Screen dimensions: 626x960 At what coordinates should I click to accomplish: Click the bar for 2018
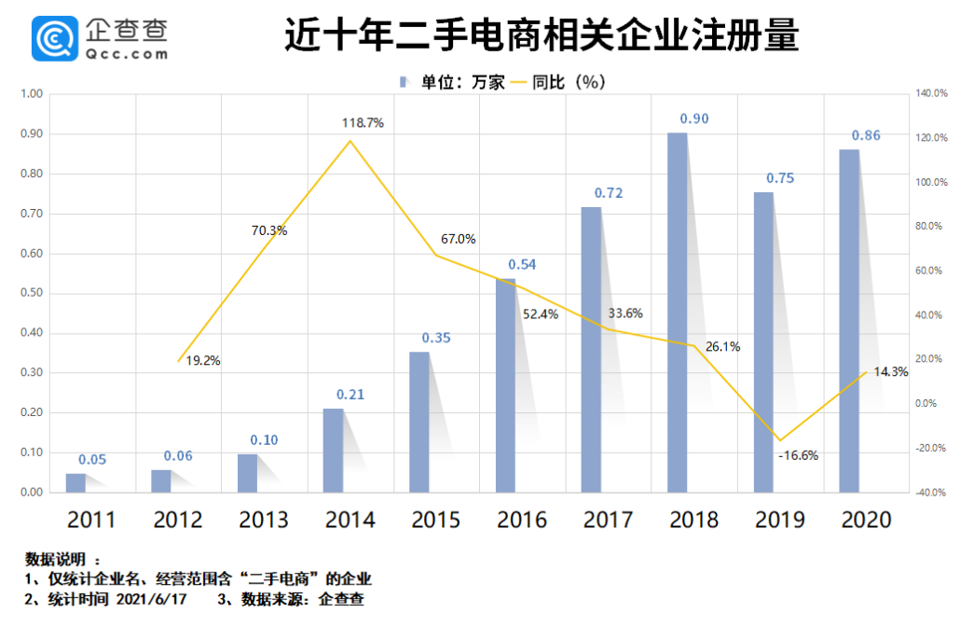pos(678,313)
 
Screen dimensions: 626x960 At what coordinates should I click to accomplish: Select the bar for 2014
pos(333,450)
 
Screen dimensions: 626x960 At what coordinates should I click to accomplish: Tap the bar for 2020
pos(849,320)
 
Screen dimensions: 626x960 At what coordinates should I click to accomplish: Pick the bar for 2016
pos(505,384)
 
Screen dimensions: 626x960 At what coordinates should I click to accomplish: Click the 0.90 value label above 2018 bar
pos(693,118)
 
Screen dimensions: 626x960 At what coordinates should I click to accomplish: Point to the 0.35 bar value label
pos(435,338)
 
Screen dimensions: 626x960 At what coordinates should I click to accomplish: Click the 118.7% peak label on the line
pos(363,123)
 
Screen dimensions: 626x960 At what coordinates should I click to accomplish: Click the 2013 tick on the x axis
pos(265,520)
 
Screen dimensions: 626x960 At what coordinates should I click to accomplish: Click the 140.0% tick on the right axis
pos(932,94)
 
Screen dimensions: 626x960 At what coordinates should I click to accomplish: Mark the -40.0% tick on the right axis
pos(932,493)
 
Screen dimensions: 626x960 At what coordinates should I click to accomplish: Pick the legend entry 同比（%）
pos(568,82)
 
